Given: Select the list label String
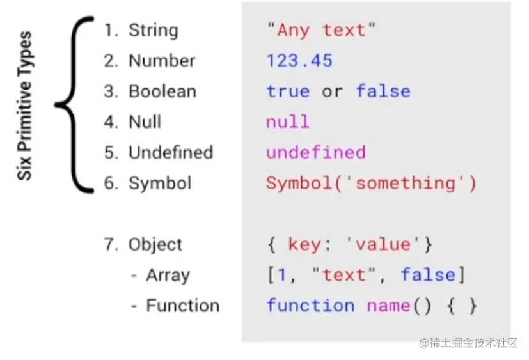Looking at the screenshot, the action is click(x=154, y=30).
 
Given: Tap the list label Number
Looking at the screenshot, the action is click(x=162, y=61).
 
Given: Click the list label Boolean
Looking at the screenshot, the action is click(x=162, y=91).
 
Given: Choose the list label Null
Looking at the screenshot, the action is click(x=145, y=122).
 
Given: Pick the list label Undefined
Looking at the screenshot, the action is click(x=170, y=153).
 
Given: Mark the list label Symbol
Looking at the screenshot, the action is click(x=160, y=184).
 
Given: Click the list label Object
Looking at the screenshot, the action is click(x=155, y=245).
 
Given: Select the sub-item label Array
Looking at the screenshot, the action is click(x=168, y=276).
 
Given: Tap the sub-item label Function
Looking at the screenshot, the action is click(x=182, y=306).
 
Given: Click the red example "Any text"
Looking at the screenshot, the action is click(x=322, y=30).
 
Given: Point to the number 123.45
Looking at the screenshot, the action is click(x=299, y=61).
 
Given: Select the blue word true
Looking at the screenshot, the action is click(x=288, y=91).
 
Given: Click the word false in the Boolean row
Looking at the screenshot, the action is click(x=383, y=91).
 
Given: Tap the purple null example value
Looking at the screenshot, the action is click(x=288, y=122).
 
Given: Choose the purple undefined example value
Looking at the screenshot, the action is click(x=316, y=153).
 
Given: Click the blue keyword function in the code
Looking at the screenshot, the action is click(x=310, y=306).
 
